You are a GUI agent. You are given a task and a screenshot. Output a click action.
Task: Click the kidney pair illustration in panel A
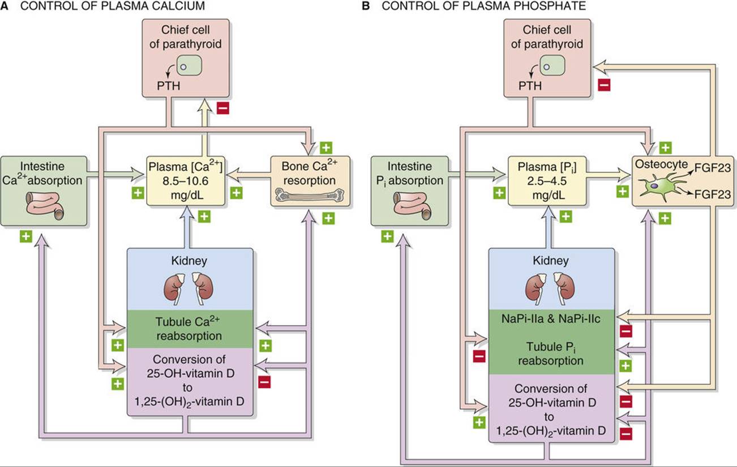(185, 286)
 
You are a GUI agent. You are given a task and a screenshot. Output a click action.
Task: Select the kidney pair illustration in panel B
(547, 286)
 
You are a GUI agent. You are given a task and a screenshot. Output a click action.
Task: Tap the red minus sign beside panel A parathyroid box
(223, 107)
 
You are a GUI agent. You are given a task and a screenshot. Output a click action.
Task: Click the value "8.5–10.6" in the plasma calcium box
(185, 183)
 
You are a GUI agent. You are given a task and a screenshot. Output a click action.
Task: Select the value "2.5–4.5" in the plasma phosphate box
(547, 183)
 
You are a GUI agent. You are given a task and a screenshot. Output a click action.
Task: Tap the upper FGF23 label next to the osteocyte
(709, 166)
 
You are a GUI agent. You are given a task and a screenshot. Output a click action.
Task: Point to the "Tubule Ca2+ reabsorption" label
(185, 328)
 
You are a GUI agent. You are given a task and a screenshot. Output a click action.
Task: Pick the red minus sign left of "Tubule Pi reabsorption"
(479, 357)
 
